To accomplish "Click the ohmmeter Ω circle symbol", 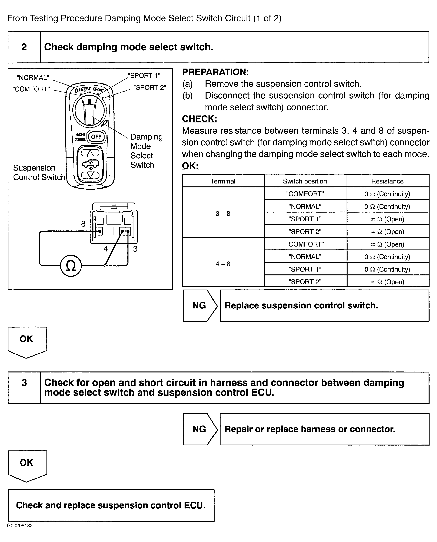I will [71, 266].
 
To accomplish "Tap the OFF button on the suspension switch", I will [96, 137].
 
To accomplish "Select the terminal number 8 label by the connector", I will [83, 224].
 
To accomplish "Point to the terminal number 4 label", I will [106, 249].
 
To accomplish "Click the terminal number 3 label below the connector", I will [135, 249].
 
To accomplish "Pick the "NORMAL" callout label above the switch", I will [33, 77].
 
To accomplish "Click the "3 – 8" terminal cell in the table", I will [223, 214].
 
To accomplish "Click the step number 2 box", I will [24, 47].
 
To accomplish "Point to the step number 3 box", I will [24, 382].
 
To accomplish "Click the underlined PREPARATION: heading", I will [216, 72].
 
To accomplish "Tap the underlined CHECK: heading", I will [199, 119].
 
